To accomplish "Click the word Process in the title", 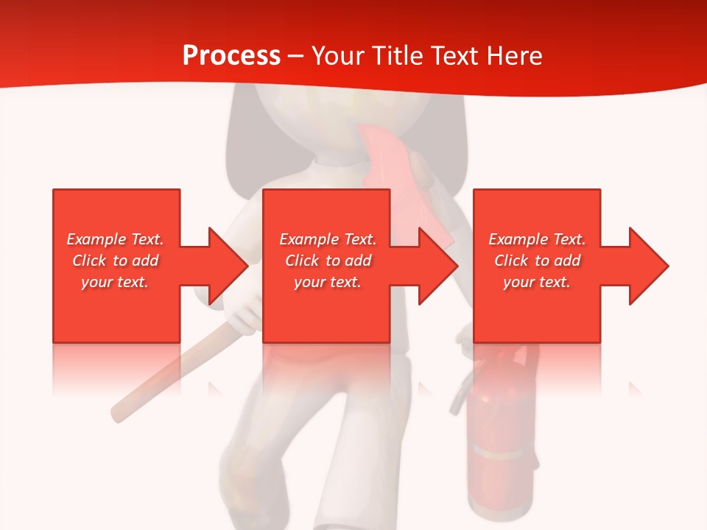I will point(231,56).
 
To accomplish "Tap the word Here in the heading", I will point(514,56).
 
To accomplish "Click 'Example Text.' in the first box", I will point(116,239).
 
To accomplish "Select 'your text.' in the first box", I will point(116,282).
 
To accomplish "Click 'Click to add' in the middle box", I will point(328,261).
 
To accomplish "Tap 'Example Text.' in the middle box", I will point(328,239).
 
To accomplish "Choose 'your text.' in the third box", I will point(537,282).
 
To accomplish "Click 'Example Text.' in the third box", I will point(537,239).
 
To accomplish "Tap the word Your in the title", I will point(339,56).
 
